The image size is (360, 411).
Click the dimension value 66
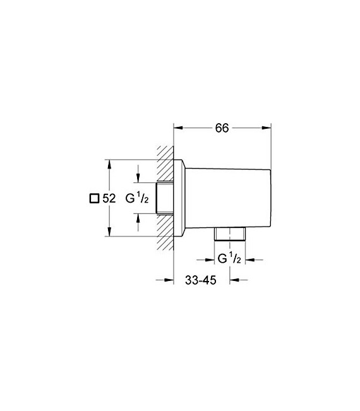[x=221, y=128]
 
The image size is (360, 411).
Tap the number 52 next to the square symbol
[x=109, y=198]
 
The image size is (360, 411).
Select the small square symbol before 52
[x=94, y=198]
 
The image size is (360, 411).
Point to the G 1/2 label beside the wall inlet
[x=137, y=198]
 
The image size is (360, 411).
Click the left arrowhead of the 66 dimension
[x=177, y=128]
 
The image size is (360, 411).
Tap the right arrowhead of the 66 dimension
[x=271, y=128]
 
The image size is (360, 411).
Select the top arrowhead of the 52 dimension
[x=110, y=164]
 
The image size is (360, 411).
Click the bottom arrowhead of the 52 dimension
[x=110, y=233]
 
